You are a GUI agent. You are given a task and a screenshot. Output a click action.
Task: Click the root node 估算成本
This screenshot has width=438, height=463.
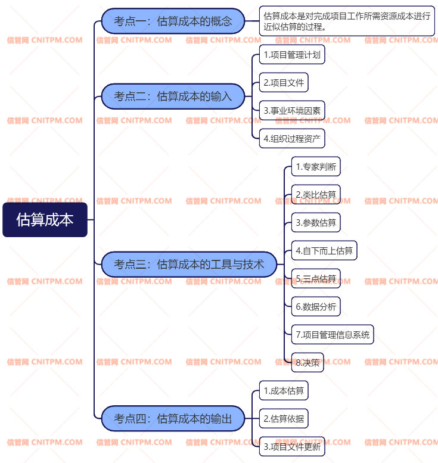[x=45, y=219]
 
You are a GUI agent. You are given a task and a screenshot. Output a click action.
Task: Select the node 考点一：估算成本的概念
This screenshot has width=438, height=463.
[x=173, y=21]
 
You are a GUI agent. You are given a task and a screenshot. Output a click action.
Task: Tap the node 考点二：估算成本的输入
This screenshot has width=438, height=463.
[x=173, y=96]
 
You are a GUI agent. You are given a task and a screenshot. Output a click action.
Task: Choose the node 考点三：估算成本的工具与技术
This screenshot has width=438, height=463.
[x=189, y=264]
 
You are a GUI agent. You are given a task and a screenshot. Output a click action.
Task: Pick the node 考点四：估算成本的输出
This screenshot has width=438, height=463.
[x=173, y=418]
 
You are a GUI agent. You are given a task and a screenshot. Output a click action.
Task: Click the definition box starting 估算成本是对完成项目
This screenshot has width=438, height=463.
[x=347, y=21]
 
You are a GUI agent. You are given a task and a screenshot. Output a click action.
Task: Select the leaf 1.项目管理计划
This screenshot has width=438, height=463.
[x=292, y=55]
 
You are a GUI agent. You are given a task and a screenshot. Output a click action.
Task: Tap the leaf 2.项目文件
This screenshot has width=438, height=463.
[x=284, y=83]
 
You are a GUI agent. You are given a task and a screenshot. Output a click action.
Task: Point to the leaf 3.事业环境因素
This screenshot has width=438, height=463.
[x=292, y=110]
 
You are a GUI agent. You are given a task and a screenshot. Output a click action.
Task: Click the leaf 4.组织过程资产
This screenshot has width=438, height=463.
[x=292, y=138]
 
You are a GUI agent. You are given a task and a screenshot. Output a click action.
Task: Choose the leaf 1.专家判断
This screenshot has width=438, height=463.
[x=316, y=167]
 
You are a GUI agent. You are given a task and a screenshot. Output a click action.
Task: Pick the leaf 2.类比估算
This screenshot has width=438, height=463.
[x=316, y=195]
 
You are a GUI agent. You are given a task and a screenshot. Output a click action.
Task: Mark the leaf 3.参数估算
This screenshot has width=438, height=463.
[x=316, y=223]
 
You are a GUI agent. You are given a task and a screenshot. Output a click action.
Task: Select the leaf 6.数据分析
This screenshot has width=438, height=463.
[x=316, y=307]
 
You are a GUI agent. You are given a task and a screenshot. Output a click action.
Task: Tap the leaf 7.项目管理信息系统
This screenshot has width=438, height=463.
[x=333, y=334]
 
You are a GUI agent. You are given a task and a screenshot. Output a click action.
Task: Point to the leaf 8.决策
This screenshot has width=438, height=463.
[x=307, y=362]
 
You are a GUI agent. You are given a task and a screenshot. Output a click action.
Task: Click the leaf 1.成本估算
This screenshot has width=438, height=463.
[x=284, y=391]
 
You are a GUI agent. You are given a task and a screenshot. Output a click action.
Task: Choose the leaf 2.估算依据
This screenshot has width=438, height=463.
[x=284, y=418]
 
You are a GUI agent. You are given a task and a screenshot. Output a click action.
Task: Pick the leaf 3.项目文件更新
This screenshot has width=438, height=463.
[x=292, y=446]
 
